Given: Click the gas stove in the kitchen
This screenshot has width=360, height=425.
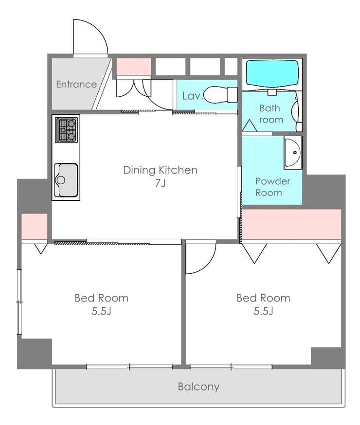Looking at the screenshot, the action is pyautogui.click(x=66, y=130).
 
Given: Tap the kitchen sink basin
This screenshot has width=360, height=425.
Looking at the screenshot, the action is pyautogui.click(x=66, y=180).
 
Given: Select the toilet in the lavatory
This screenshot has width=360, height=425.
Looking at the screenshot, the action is pyautogui.click(x=220, y=95).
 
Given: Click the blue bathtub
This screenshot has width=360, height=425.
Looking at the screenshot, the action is pyautogui.click(x=272, y=74).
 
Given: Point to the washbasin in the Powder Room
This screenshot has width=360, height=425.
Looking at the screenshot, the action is pyautogui.click(x=293, y=153).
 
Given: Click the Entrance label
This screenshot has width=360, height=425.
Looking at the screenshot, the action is pyautogui.click(x=76, y=84).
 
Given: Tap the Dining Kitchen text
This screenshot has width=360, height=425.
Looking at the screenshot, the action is pyautogui.click(x=160, y=170).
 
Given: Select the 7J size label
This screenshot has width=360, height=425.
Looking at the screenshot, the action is pyautogui.click(x=160, y=183).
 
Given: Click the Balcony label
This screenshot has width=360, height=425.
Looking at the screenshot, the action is pyautogui.click(x=198, y=387).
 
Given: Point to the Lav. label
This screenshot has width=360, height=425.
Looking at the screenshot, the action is pyautogui.click(x=193, y=96).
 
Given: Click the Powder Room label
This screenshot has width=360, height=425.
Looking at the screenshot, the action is pyautogui.click(x=273, y=187).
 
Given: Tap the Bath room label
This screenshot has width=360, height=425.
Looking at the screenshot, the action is pyautogui.click(x=271, y=114).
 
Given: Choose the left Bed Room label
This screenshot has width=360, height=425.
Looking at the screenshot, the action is pyautogui.click(x=101, y=298).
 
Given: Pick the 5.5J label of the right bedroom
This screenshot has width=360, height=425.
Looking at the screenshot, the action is pyautogui.click(x=263, y=311).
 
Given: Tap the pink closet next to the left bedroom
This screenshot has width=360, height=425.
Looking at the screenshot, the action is pyautogui.click(x=35, y=226).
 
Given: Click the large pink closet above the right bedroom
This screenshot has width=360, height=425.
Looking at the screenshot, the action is pyautogui.click(x=291, y=224).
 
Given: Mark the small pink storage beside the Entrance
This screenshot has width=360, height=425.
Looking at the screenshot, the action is pyautogui.click(x=134, y=67).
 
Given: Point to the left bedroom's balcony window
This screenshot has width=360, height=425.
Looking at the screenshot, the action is pyautogui.click(x=129, y=367).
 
